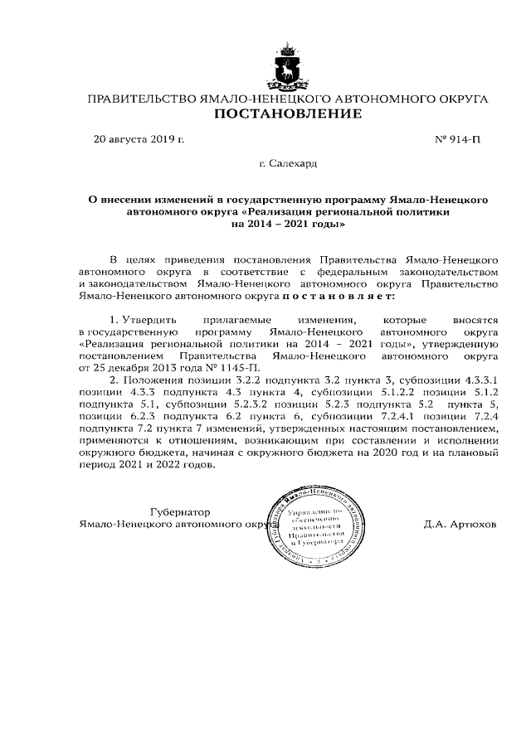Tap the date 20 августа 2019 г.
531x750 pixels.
[x=138, y=139]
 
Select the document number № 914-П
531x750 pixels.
[x=457, y=139]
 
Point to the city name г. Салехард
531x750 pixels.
[x=288, y=164]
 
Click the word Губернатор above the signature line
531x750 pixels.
[x=180, y=512]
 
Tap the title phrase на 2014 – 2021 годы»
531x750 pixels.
[x=287, y=224]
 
